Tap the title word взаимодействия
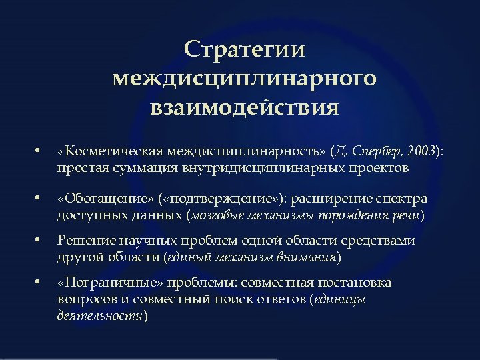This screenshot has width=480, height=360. (x=245, y=107)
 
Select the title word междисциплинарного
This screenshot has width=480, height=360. (x=245, y=78)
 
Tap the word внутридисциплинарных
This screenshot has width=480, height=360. (x=260, y=168)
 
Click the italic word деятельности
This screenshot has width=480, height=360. (x=100, y=315)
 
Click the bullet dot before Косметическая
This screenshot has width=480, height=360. (x=39, y=153)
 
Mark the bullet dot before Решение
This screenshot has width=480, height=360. (x=39, y=241)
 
